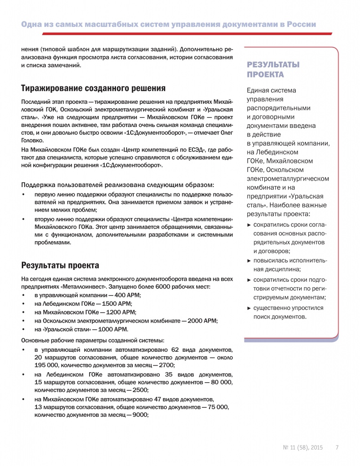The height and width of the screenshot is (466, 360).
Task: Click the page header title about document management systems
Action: [x=168, y=24]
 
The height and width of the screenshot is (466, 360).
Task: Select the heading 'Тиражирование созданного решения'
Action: [x=93, y=88]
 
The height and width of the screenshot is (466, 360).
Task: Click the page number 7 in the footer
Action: [x=337, y=447]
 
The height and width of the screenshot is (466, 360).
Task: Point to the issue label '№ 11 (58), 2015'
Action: [x=303, y=447]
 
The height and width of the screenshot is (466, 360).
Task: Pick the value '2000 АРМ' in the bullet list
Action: [x=204, y=320]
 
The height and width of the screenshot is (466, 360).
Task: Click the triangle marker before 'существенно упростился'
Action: [x=248, y=308]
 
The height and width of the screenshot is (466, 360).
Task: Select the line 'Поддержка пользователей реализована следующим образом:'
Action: [x=117, y=184]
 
